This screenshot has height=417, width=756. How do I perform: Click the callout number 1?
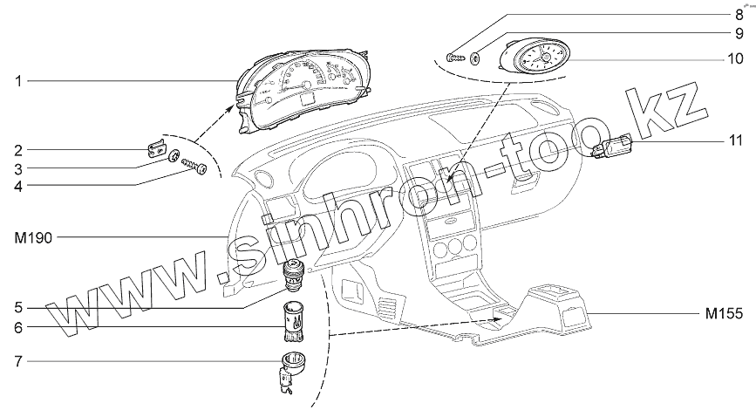pos(17,81)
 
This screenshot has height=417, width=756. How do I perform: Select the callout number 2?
pos(17,150)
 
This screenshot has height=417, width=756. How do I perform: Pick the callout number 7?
pos(17,359)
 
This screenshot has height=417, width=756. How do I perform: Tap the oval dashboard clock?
pos(541,59)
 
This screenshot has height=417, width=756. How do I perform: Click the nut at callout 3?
pos(173,157)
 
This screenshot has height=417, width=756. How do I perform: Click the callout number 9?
pos(738,36)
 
